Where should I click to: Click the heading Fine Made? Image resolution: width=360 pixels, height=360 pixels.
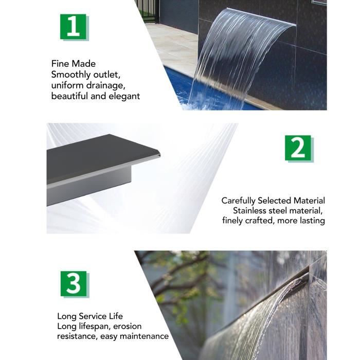73,64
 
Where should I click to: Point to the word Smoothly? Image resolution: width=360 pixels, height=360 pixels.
71,75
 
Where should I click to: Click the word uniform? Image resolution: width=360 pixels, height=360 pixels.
67,85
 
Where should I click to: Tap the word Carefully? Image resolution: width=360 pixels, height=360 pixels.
238,201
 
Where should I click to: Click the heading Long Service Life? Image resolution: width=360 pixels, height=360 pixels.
90,316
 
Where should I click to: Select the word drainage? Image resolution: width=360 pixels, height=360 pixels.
105,86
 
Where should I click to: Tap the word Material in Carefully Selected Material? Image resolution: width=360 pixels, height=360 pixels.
309,201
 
